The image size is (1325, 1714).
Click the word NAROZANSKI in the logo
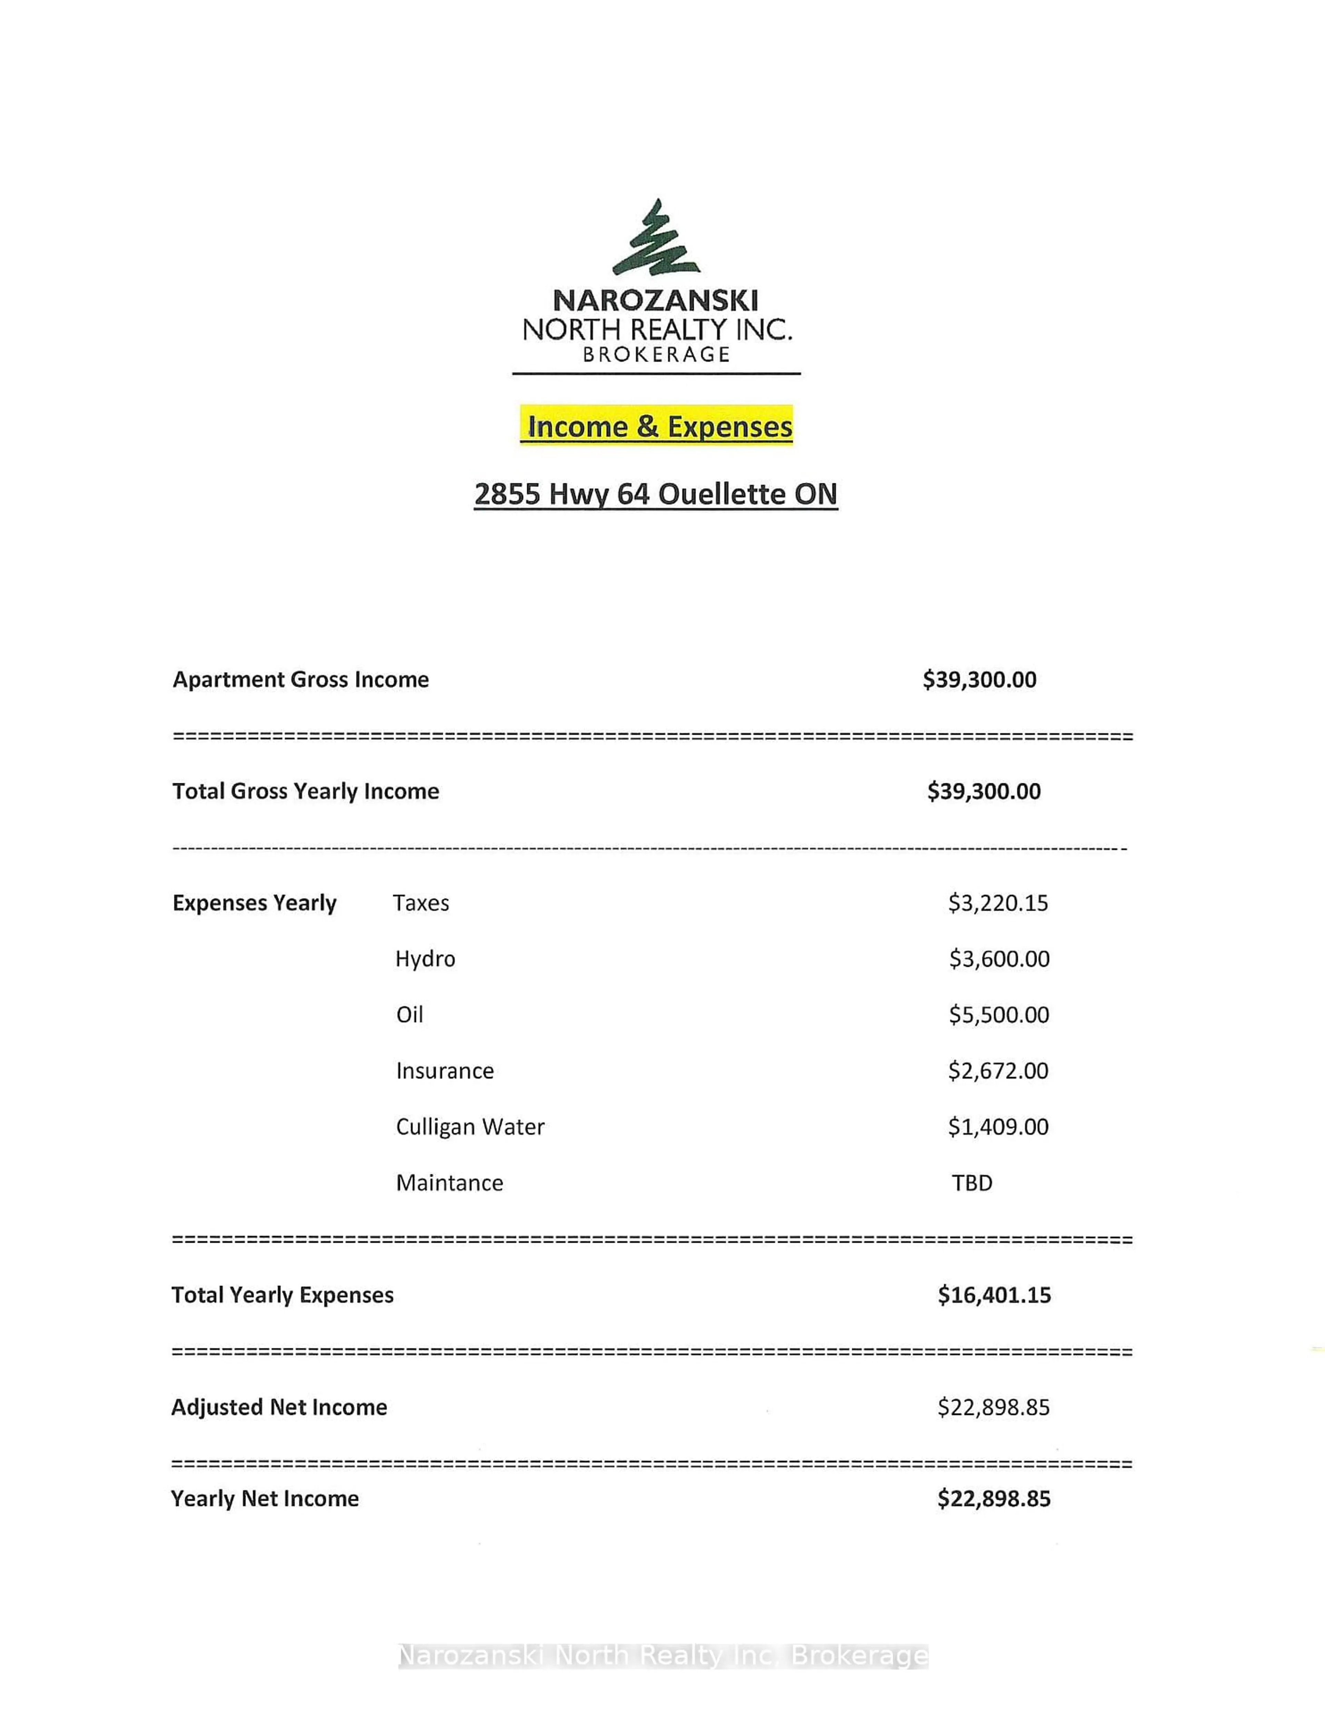pyautogui.click(x=656, y=301)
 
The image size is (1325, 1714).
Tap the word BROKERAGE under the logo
pyautogui.click(x=656, y=355)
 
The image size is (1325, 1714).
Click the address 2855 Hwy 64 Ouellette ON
pyautogui.click(x=656, y=494)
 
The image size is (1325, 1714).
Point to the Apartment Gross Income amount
pyautogui.click(x=980, y=680)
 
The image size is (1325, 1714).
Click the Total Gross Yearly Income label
pyautogui.click(x=305, y=791)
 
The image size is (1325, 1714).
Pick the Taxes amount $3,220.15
pyautogui.click(x=998, y=903)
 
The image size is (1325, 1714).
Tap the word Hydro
pyautogui.click(x=425, y=959)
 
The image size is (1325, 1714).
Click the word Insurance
pyautogui.click(x=445, y=1071)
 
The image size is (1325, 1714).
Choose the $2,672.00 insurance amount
pyautogui.click(x=998, y=1071)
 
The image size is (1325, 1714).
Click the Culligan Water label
pyautogui.click(x=470, y=1127)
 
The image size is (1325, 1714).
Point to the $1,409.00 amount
pyautogui.click(x=998, y=1127)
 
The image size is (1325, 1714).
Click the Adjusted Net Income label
pyautogui.click(x=279, y=1407)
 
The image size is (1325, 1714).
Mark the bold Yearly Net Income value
pyautogui.click(x=994, y=1499)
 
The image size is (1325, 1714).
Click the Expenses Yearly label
pyautogui.click(x=254, y=903)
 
